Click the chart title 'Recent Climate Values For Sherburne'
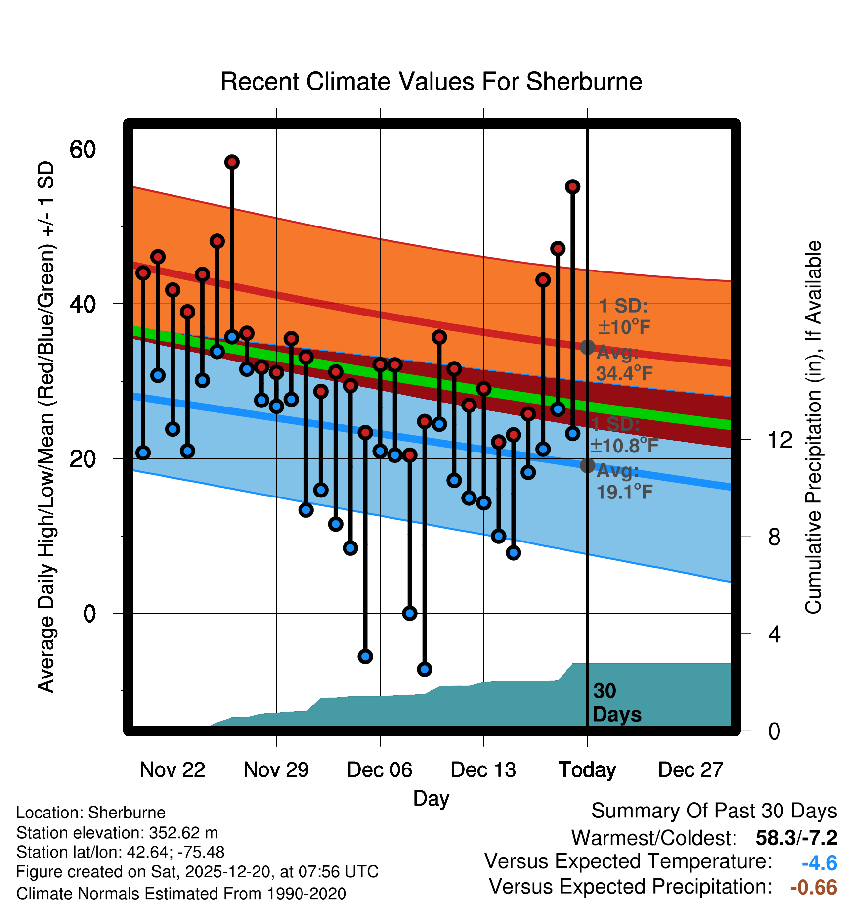431,82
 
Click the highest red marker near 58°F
232,162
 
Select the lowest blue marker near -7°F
425,669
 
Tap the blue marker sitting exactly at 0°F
410,613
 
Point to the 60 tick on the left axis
83,149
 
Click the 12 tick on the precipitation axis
779,439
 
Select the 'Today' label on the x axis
587,769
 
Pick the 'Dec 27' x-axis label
691,769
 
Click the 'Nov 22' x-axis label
173,769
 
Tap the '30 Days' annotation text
616,703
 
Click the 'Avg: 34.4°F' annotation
624,363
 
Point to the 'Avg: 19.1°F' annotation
624,481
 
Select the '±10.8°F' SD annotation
624,446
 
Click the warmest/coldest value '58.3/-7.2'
796,838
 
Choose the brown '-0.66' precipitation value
814,887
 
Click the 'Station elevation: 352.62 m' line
117,833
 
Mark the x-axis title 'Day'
431,798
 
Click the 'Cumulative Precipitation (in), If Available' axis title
813,427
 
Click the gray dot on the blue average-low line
587,465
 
